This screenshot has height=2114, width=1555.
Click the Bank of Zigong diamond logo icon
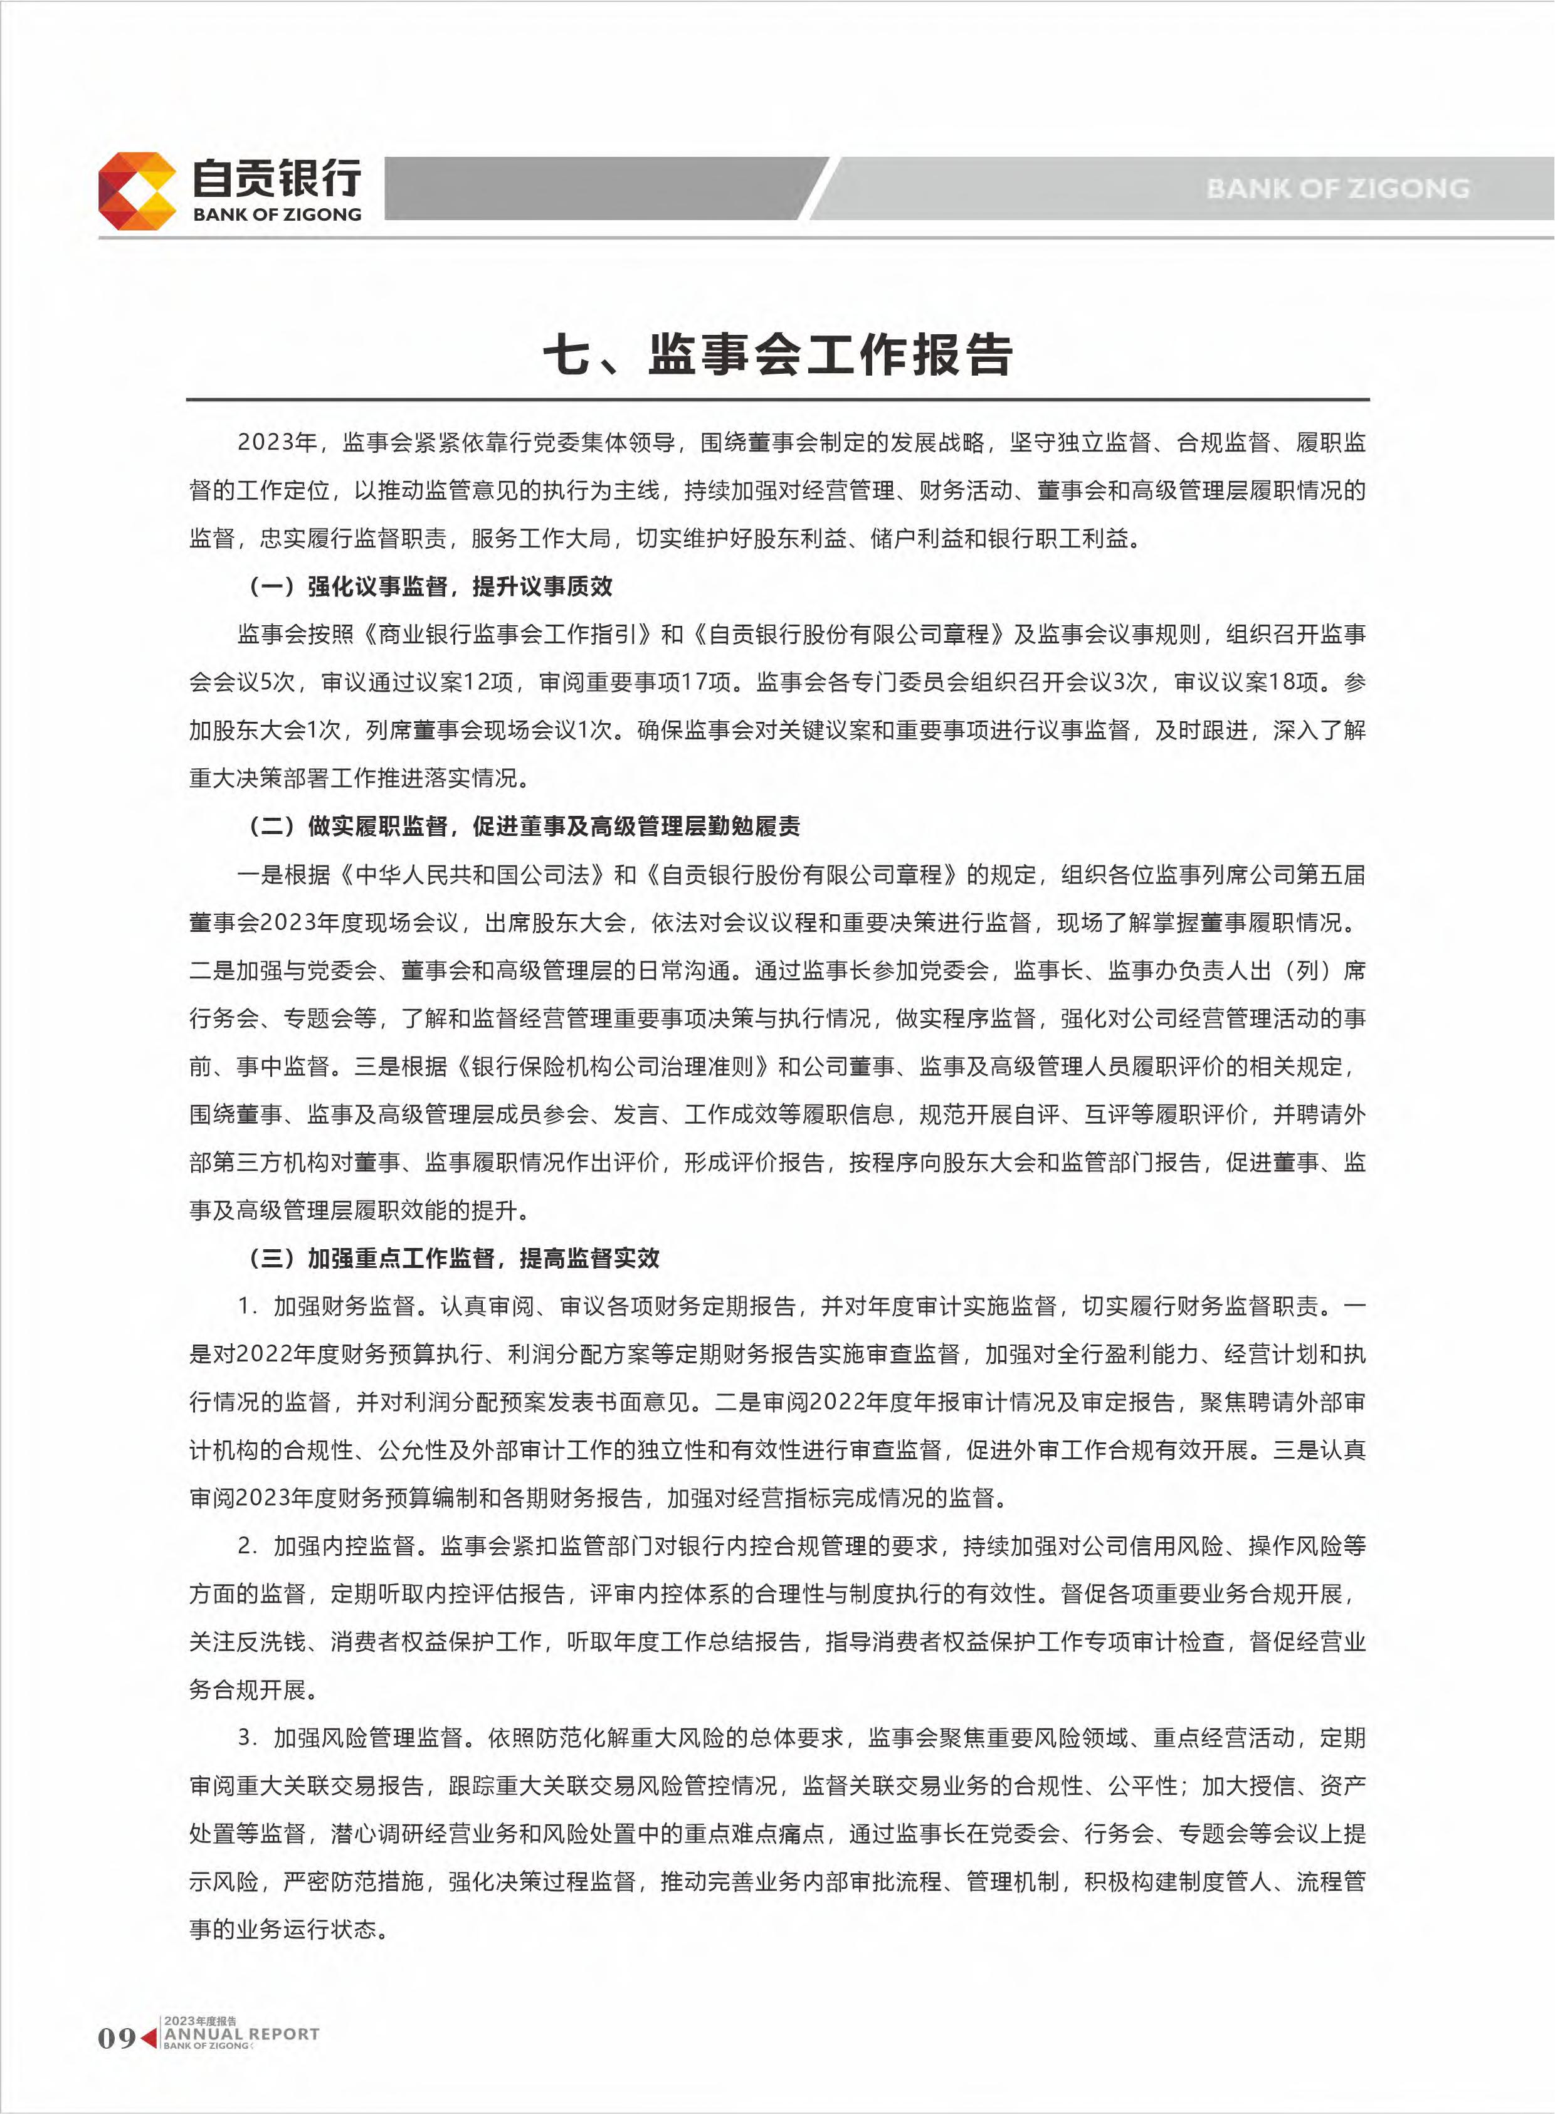(x=137, y=191)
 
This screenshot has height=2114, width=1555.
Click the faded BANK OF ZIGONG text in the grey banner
(x=1337, y=188)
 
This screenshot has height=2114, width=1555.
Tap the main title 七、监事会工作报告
(x=778, y=355)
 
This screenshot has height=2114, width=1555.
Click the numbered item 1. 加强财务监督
(x=327, y=1306)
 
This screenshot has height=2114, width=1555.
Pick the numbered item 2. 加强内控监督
(x=327, y=1546)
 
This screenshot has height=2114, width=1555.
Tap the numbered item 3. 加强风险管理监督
(x=351, y=1738)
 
